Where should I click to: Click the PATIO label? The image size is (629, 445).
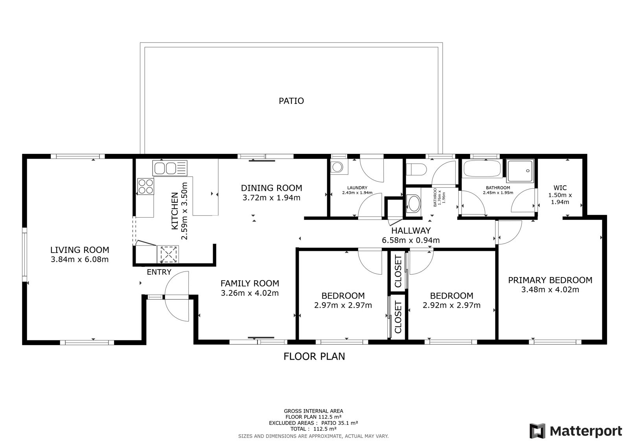coord(291,101)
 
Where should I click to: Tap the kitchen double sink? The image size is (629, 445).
coord(169,168)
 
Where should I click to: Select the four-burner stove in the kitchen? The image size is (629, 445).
coord(145,186)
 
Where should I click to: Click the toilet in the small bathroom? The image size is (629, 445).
coord(416,170)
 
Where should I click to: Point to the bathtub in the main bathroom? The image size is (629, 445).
coord(482,169)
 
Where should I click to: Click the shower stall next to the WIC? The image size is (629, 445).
coord(520,171)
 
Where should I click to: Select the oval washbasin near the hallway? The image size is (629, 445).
coord(414,203)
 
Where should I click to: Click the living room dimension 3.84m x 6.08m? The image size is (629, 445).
coord(79,259)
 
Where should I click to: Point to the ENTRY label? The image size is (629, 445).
coord(159,272)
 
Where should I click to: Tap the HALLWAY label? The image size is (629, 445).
coord(411,231)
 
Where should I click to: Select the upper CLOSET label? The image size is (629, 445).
coord(398,271)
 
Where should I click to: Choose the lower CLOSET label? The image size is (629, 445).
coord(398,317)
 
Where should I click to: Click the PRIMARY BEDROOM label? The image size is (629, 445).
coord(550,280)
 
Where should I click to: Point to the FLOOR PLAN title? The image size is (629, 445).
coord(314,356)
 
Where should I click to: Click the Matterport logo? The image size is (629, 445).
coord(576,431)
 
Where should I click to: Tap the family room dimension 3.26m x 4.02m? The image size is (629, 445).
coord(250,293)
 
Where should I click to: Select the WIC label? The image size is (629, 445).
coord(560,188)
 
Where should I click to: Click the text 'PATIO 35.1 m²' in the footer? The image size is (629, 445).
coord(340,423)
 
